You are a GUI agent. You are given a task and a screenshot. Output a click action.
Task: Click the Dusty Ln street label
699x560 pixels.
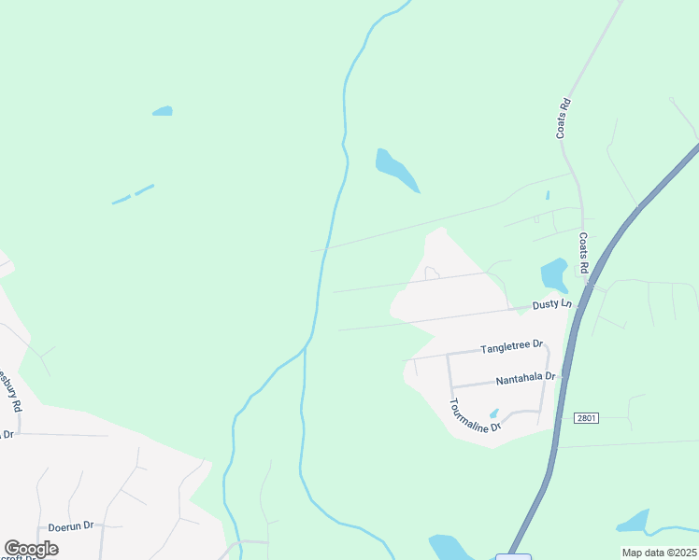coord(551,304)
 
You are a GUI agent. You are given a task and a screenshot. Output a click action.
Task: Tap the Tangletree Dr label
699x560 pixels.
coord(511,347)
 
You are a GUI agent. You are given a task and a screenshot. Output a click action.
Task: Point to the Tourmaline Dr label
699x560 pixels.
coord(476,415)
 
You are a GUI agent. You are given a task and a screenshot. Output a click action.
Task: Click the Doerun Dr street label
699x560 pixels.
coord(71,525)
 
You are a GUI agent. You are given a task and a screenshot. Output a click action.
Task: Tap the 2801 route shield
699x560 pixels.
coord(587,419)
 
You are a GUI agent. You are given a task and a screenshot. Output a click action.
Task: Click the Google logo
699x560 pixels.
coord(32,549)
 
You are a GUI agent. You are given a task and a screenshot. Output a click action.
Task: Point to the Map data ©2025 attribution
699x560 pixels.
coord(659,553)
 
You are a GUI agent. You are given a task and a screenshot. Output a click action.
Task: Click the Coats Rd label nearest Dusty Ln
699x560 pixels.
coord(584,255)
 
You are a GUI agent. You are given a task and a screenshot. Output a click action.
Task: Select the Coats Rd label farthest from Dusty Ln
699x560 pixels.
coord(563,119)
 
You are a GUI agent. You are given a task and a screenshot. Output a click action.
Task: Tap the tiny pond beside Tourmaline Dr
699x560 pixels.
coord(493,413)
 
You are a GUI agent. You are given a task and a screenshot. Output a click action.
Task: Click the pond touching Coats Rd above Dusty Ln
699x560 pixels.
coord(554,274)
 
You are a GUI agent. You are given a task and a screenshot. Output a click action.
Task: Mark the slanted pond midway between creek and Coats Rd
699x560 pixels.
coord(396,170)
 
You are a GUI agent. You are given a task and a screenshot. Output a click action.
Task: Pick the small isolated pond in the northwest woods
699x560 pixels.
coord(163,111)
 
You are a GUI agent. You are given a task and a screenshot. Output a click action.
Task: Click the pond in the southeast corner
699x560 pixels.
coord(634,521)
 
